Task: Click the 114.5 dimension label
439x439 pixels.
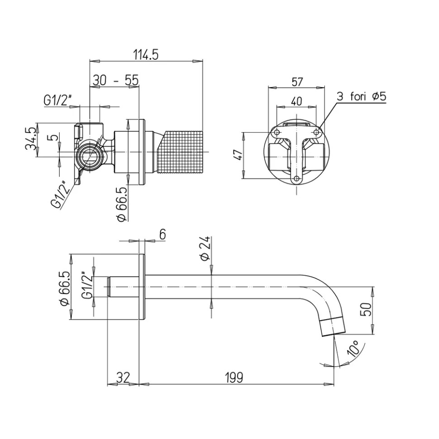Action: [146, 55]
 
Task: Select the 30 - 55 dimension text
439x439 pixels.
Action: [115, 80]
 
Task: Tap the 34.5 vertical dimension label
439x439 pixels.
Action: [31, 138]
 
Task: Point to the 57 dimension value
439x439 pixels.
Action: [297, 82]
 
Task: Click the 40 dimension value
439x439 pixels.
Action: [296, 101]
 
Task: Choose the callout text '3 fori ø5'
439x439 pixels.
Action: [362, 96]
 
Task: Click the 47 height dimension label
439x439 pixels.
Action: [238, 155]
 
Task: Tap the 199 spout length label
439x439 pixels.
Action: [234, 378]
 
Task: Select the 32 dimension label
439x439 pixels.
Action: [123, 378]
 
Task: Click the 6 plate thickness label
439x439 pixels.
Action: [162, 234]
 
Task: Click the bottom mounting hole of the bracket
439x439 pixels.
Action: [296, 178]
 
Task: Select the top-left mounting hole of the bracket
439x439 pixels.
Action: [277, 132]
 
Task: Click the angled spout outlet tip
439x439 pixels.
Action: [333, 326]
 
